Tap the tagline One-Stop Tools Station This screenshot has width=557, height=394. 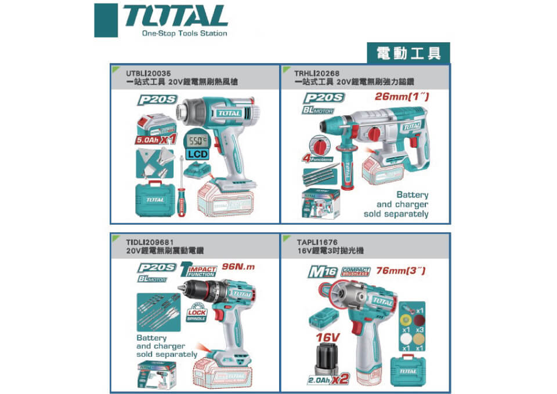(185, 34)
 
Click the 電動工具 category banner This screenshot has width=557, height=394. (408, 53)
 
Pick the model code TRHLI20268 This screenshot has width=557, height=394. (317, 74)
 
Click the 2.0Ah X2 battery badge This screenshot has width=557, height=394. (329, 380)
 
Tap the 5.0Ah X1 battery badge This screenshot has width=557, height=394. (155, 140)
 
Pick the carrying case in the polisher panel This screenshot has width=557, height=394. (407, 371)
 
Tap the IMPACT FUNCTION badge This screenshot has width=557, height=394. (199, 269)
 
